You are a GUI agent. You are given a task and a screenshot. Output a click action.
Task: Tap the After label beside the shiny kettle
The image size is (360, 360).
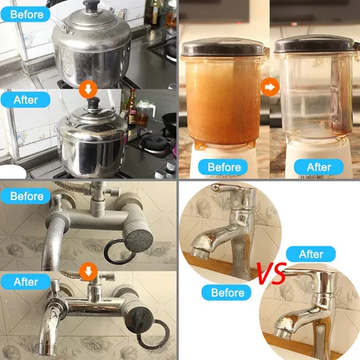[x=25, y=99]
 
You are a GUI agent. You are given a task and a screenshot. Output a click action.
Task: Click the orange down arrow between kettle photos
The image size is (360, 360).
[x=89, y=89]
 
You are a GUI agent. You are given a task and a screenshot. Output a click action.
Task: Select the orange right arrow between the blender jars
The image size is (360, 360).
[x=270, y=87]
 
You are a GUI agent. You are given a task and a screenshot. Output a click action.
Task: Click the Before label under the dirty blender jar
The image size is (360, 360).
[x=223, y=167]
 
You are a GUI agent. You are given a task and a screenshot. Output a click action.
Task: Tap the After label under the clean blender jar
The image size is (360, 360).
[x=319, y=167]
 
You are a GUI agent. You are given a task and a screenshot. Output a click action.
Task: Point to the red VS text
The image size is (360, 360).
[x=272, y=273]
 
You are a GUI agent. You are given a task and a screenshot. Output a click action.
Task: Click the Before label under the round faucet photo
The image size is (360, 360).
[x=226, y=292]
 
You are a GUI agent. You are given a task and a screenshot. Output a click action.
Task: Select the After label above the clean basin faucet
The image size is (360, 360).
[x=311, y=254]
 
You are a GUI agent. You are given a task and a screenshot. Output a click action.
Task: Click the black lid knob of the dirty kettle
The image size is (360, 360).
[x=91, y=6]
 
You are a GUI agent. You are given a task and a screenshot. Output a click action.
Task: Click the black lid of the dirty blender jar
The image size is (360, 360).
[x=222, y=47]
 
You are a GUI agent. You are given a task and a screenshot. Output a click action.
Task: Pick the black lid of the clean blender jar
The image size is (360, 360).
[x=315, y=44]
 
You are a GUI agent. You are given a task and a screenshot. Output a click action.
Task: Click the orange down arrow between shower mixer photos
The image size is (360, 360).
[x=89, y=271]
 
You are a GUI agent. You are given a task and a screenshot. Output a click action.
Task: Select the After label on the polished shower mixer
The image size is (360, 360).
[x=25, y=282]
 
